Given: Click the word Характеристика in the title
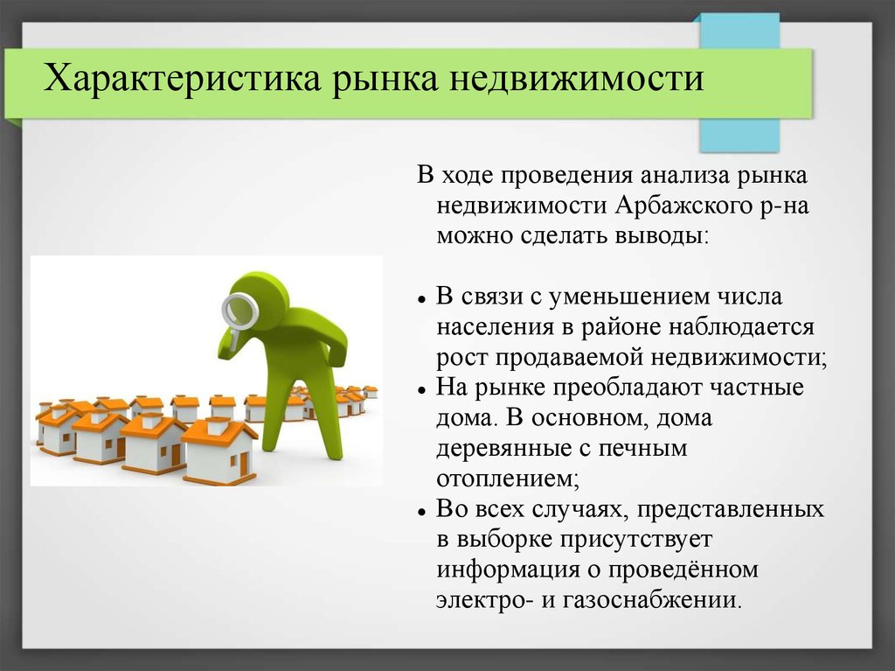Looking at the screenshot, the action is [181, 78].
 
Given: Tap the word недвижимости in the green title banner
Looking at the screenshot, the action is [577, 78].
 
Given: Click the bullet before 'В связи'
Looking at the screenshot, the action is [422, 299].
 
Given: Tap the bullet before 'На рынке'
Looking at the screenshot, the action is [422, 390].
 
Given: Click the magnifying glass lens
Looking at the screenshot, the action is [240, 311].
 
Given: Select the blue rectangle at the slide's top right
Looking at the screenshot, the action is [739, 83].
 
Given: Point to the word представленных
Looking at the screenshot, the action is [731, 509].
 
